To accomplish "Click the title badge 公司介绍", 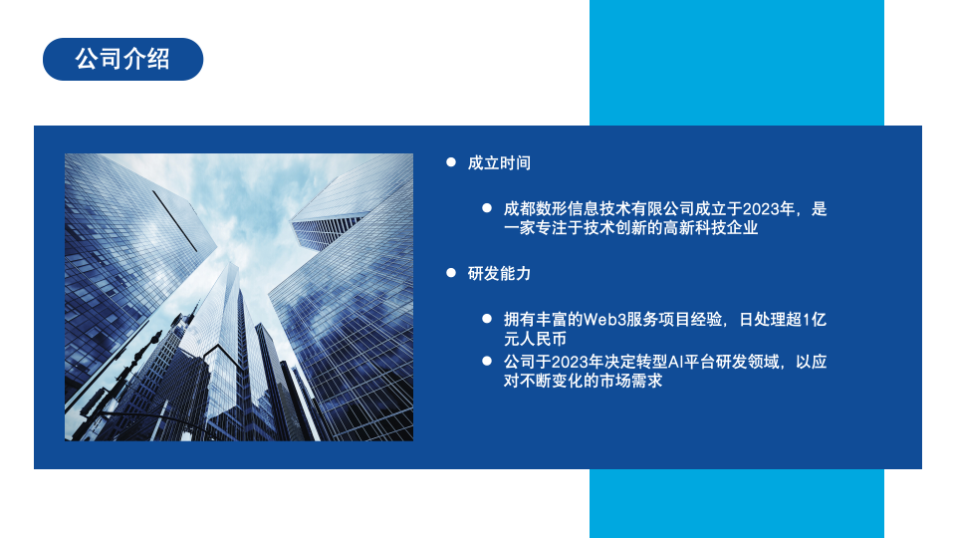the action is click(x=122, y=59).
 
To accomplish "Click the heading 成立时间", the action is click(x=499, y=162).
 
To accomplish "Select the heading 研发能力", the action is click(x=499, y=273).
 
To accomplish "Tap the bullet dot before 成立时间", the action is click(x=451, y=162).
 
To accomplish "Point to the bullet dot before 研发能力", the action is click(x=451, y=273).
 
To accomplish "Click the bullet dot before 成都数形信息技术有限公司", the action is click(x=487, y=208).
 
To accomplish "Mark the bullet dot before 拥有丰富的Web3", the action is click(x=487, y=319).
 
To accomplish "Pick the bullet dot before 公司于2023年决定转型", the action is click(x=487, y=361).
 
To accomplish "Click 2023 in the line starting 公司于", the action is click(x=569, y=363).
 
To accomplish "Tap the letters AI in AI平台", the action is click(x=675, y=363).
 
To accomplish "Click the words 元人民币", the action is click(x=535, y=339).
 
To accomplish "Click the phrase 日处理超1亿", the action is click(x=783, y=320).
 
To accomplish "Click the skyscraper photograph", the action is click(x=239, y=297).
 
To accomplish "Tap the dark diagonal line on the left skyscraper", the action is click(x=175, y=221).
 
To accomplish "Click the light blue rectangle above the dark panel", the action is click(x=737, y=63).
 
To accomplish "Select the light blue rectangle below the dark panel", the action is click(x=737, y=503).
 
